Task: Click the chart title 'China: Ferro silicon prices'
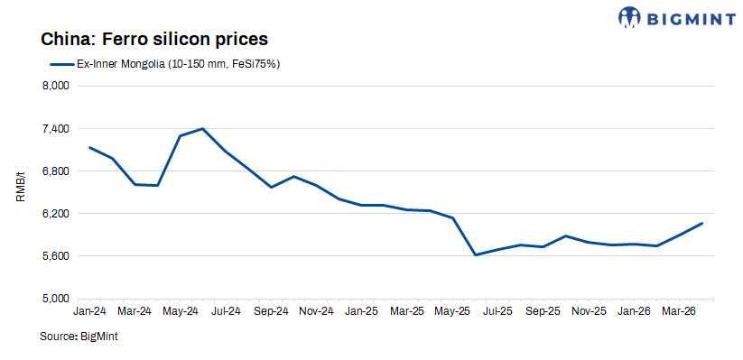pyautogui.click(x=154, y=40)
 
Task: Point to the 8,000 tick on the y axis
pyautogui.click(x=57, y=87)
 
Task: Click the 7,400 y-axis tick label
pyautogui.click(x=57, y=129)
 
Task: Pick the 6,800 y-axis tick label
pyautogui.click(x=57, y=171)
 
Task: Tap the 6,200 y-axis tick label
pyautogui.click(x=57, y=214)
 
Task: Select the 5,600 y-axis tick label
pyautogui.click(x=57, y=256)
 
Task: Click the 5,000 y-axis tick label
pyautogui.click(x=57, y=299)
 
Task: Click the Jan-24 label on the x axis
pyautogui.click(x=89, y=311)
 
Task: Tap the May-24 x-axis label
pyautogui.click(x=180, y=311)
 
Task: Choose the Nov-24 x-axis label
pyautogui.click(x=316, y=311)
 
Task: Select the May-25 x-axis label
pyautogui.click(x=452, y=311)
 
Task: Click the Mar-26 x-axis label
pyautogui.click(x=679, y=311)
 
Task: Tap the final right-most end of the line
pyautogui.click(x=701, y=224)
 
